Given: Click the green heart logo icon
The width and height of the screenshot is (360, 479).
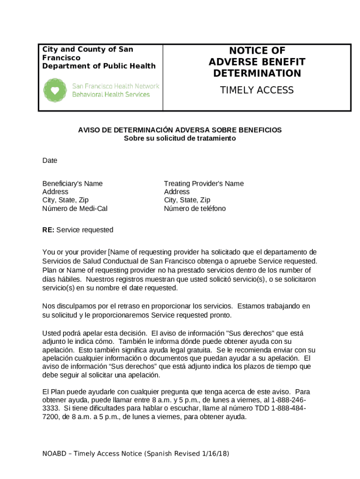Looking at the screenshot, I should point(55,90).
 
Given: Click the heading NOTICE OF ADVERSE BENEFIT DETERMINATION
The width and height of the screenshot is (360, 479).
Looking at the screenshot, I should point(257,62).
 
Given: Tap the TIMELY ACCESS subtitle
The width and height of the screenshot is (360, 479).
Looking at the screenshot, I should point(257,90).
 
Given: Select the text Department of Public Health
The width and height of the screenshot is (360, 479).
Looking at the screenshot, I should point(99,66).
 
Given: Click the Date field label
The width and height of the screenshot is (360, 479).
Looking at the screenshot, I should point(50,160).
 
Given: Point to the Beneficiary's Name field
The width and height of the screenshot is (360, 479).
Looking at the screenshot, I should point(72,183).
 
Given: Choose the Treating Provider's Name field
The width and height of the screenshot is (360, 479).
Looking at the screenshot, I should point(203,183).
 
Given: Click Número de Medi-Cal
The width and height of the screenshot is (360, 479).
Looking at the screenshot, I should point(75,209).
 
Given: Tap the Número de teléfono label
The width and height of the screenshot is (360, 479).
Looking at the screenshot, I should point(194,209).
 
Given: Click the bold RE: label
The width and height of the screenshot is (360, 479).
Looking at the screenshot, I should point(48,230).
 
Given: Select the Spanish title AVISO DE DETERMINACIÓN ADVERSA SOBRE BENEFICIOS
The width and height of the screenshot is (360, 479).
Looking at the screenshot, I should point(180,130).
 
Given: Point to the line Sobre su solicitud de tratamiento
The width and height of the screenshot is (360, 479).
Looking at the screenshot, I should point(180,138).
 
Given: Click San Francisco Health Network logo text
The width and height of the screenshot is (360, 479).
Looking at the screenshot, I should point(115,86).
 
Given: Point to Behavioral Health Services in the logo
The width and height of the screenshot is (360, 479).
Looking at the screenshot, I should point(111,94).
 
